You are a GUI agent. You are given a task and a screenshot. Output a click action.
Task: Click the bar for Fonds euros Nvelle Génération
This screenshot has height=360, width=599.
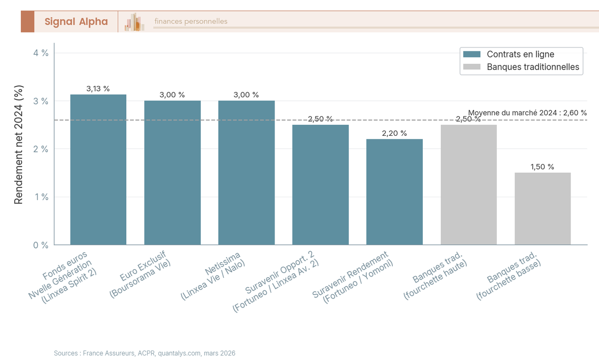click(98, 170)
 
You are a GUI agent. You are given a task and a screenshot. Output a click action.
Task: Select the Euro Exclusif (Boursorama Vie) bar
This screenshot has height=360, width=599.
click(172, 173)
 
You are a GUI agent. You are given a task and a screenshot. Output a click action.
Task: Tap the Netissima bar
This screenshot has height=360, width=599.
click(247, 173)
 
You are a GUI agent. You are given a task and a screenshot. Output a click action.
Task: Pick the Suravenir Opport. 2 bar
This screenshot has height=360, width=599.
click(320, 185)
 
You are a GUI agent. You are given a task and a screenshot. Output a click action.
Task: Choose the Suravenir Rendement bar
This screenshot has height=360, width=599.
click(394, 192)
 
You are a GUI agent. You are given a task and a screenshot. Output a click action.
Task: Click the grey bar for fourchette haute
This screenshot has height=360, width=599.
click(469, 185)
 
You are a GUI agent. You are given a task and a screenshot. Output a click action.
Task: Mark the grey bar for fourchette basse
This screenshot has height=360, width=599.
click(543, 209)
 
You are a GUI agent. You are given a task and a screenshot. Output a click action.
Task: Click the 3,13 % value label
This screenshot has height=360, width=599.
click(98, 89)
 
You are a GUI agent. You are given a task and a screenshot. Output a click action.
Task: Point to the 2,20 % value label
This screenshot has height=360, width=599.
click(394, 133)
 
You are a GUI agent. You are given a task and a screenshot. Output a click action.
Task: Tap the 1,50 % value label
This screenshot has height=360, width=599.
click(542, 167)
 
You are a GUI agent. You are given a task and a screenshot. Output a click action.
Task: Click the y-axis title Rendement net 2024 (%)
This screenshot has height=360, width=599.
click(18, 145)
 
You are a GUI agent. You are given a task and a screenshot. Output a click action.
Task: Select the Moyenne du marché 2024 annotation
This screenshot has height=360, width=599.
click(527, 113)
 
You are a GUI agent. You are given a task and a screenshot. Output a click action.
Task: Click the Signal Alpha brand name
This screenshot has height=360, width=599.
click(76, 21)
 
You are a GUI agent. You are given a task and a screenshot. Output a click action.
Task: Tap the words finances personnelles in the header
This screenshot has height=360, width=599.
click(191, 21)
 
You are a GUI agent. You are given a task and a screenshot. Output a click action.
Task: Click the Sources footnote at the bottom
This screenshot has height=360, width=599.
click(144, 353)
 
